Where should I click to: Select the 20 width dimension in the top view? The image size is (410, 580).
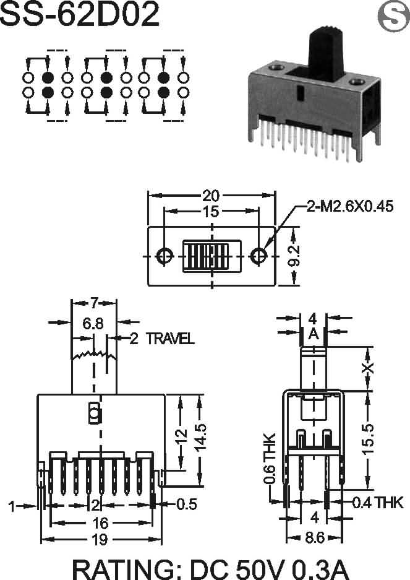tap(211, 196)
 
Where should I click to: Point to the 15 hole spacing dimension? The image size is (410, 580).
tap(211, 212)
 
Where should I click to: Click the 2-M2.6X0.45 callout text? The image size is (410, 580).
tap(350, 206)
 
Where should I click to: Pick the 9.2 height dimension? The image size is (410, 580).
tap(294, 256)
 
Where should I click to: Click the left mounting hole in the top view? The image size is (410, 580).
tap(164, 256)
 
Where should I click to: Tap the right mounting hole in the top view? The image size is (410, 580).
tap(258, 256)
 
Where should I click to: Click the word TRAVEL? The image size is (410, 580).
tap(170, 339)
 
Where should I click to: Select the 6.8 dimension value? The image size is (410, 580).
tap(93, 324)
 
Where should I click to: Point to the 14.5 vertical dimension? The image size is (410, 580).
tap(200, 438)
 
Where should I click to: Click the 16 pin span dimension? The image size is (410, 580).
tap(100, 522)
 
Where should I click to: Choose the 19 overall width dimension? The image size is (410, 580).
tap(100, 539)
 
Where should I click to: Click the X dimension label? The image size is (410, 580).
tap(369, 368)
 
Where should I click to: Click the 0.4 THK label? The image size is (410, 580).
tap(377, 503)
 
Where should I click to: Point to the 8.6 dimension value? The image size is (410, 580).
tap(315, 537)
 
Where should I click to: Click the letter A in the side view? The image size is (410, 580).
tap(314, 334)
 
